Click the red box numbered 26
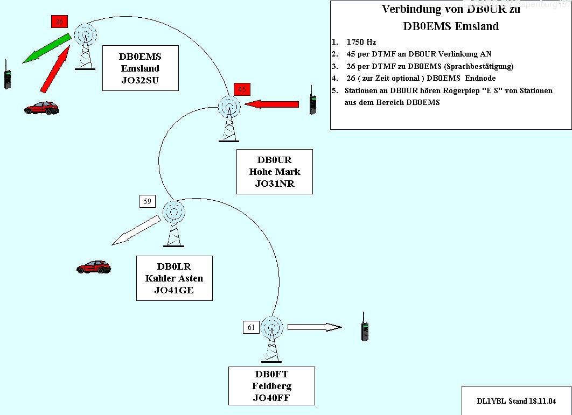tap(59, 22)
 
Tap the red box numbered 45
tap(242, 90)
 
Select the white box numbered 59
tap(147, 201)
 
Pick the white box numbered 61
tap(251, 327)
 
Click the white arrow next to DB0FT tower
tap(315, 327)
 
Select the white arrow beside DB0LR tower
tap(136, 230)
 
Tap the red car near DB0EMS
tap(41, 108)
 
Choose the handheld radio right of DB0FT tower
tap(365, 326)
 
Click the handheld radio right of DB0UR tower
tap(312, 101)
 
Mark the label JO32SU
tap(140, 81)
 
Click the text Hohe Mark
tap(275, 172)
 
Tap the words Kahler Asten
tap(174, 278)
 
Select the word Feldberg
tap(271, 386)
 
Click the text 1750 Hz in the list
tap(361, 42)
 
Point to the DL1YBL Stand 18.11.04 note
tap(516, 401)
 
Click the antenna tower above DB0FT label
tap(271, 339)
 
